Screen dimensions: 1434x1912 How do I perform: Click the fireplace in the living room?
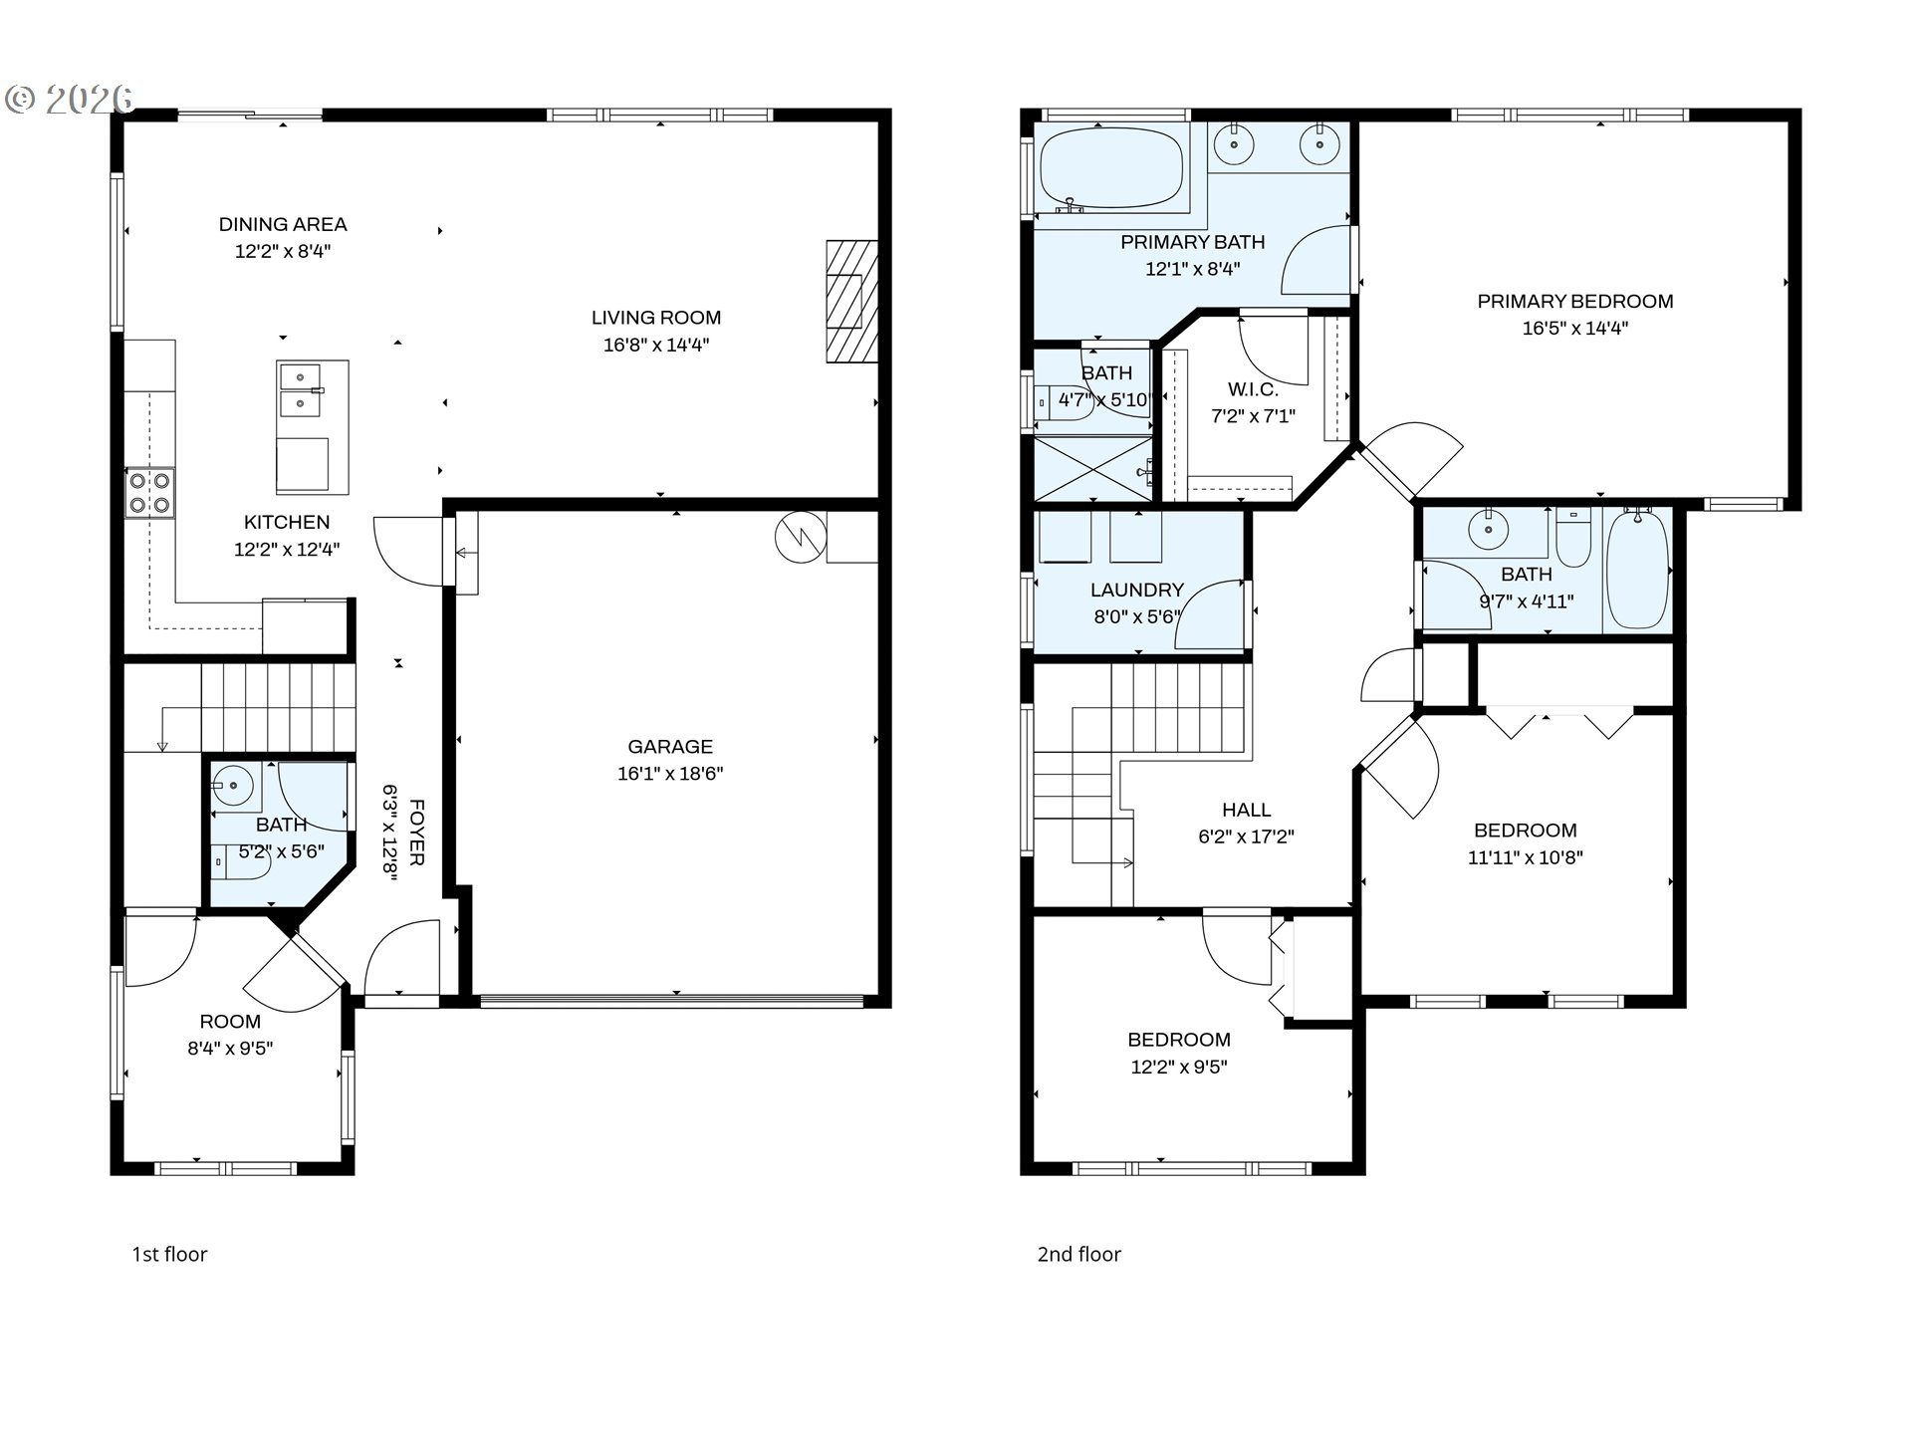pyautogui.click(x=851, y=301)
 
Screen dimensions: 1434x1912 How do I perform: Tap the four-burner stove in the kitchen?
pyautogui.click(x=149, y=493)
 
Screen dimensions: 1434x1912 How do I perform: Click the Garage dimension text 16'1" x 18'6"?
pyautogui.click(x=669, y=774)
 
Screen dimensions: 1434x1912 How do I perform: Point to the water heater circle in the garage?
pyautogui.click(x=801, y=538)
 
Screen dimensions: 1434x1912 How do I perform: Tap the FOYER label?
pyautogui.click(x=417, y=832)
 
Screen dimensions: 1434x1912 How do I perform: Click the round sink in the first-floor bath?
pyautogui.click(x=234, y=786)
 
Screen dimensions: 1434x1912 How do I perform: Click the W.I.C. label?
pyautogui.click(x=1253, y=389)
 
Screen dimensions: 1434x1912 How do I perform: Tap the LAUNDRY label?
pyautogui.click(x=1136, y=590)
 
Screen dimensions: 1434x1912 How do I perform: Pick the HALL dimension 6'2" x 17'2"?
pyautogui.click(x=1246, y=837)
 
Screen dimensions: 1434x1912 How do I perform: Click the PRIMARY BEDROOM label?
pyautogui.click(x=1574, y=301)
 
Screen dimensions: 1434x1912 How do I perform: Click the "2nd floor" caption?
pyautogui.click(x=1078, y=1255)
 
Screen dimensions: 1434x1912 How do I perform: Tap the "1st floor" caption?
pyautogui.click(x=169, y=1255)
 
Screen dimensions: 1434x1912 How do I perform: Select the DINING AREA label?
pyautogui.click(x=283, y=224)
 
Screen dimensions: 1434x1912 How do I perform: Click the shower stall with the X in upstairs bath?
pyautogui.click(x=1092, y=468)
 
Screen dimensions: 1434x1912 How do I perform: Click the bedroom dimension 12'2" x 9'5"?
pyautogui.click(x=1178, y=1068)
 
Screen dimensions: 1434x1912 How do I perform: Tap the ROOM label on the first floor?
pyautogui.click(x=230, y=1022)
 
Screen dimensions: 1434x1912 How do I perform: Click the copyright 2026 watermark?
pyautogui.click(x=70, y=99)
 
